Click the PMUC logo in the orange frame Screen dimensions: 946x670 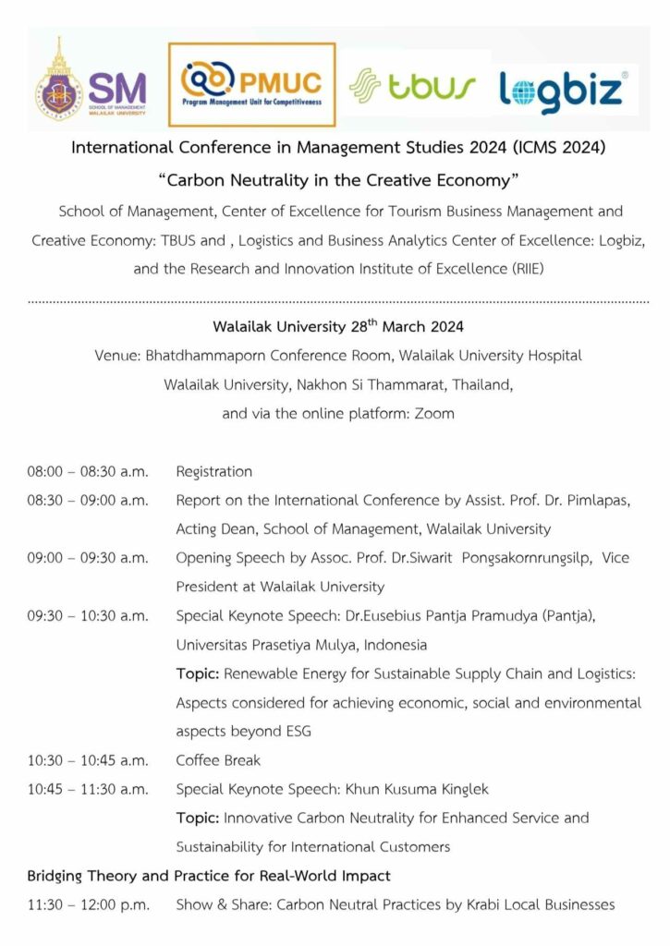tap(251, 84)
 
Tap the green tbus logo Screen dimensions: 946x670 tap(413, 86)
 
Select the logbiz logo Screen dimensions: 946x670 tap(564, 90)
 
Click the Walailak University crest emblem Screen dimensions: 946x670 tap(58, 88)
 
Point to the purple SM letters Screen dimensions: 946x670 tap(118, 87)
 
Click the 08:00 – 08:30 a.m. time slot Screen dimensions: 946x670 tap(87, 471)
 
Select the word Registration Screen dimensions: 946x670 tap(213, 471)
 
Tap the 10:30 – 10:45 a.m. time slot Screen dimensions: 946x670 tap(87, 760)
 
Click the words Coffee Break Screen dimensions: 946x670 tap(218, 760)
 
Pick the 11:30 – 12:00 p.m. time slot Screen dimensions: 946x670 tap(88, 904)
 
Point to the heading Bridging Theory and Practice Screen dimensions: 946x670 tap(209, 875)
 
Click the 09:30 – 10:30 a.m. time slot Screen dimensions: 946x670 tap(87, 615)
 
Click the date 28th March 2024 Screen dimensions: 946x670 tap(404, 326)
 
